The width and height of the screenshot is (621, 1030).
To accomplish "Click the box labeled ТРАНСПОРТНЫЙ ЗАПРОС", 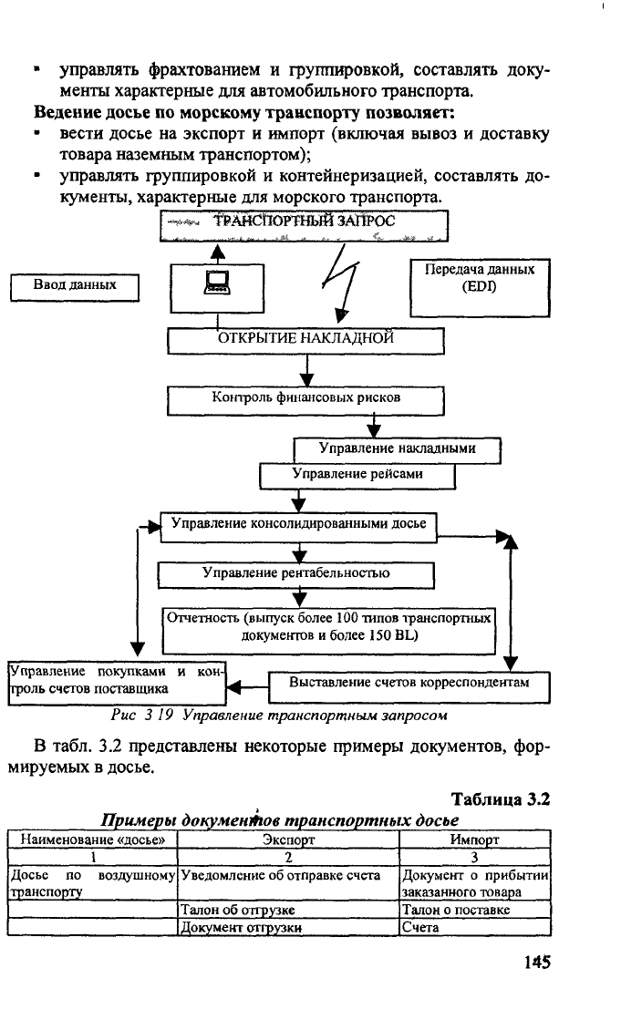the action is pyautogui.click(x=304, y=225).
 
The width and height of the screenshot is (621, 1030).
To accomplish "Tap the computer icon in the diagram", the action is pyautogui.click(x=218, y=283).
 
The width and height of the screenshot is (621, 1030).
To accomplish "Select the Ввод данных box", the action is pyautogui.click(x=75, y=288).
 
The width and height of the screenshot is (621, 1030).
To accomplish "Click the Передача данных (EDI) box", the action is pyautogui.click(x=480, y=288).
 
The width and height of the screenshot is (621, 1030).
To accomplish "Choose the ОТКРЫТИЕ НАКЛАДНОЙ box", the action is pyautogui.click(x=305, y=341).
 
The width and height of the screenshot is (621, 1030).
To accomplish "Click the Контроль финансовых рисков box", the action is pyautogui.click(x=305, y=401).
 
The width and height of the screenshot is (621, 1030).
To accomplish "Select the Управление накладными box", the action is pyautogui.click(x=397, y=450).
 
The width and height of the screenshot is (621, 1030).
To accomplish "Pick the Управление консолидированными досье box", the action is pyautogui.click(x=298, y=527).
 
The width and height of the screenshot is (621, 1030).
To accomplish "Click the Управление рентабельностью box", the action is pyautogui.click(x=295, y=575).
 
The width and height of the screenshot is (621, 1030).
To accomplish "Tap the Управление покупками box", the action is pyautogui.click(x=117, y=683).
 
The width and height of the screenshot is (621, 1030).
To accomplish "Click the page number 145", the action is pyautogui.click(x=537, y=963).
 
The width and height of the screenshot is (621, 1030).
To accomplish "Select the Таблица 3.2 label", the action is pyautogui.click(x=501, y=799).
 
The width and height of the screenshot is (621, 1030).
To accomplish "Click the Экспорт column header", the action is pyautogui.click(x=288, y=839).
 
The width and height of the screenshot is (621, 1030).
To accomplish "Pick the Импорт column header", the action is pyautogui.click(x=474, y=839).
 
